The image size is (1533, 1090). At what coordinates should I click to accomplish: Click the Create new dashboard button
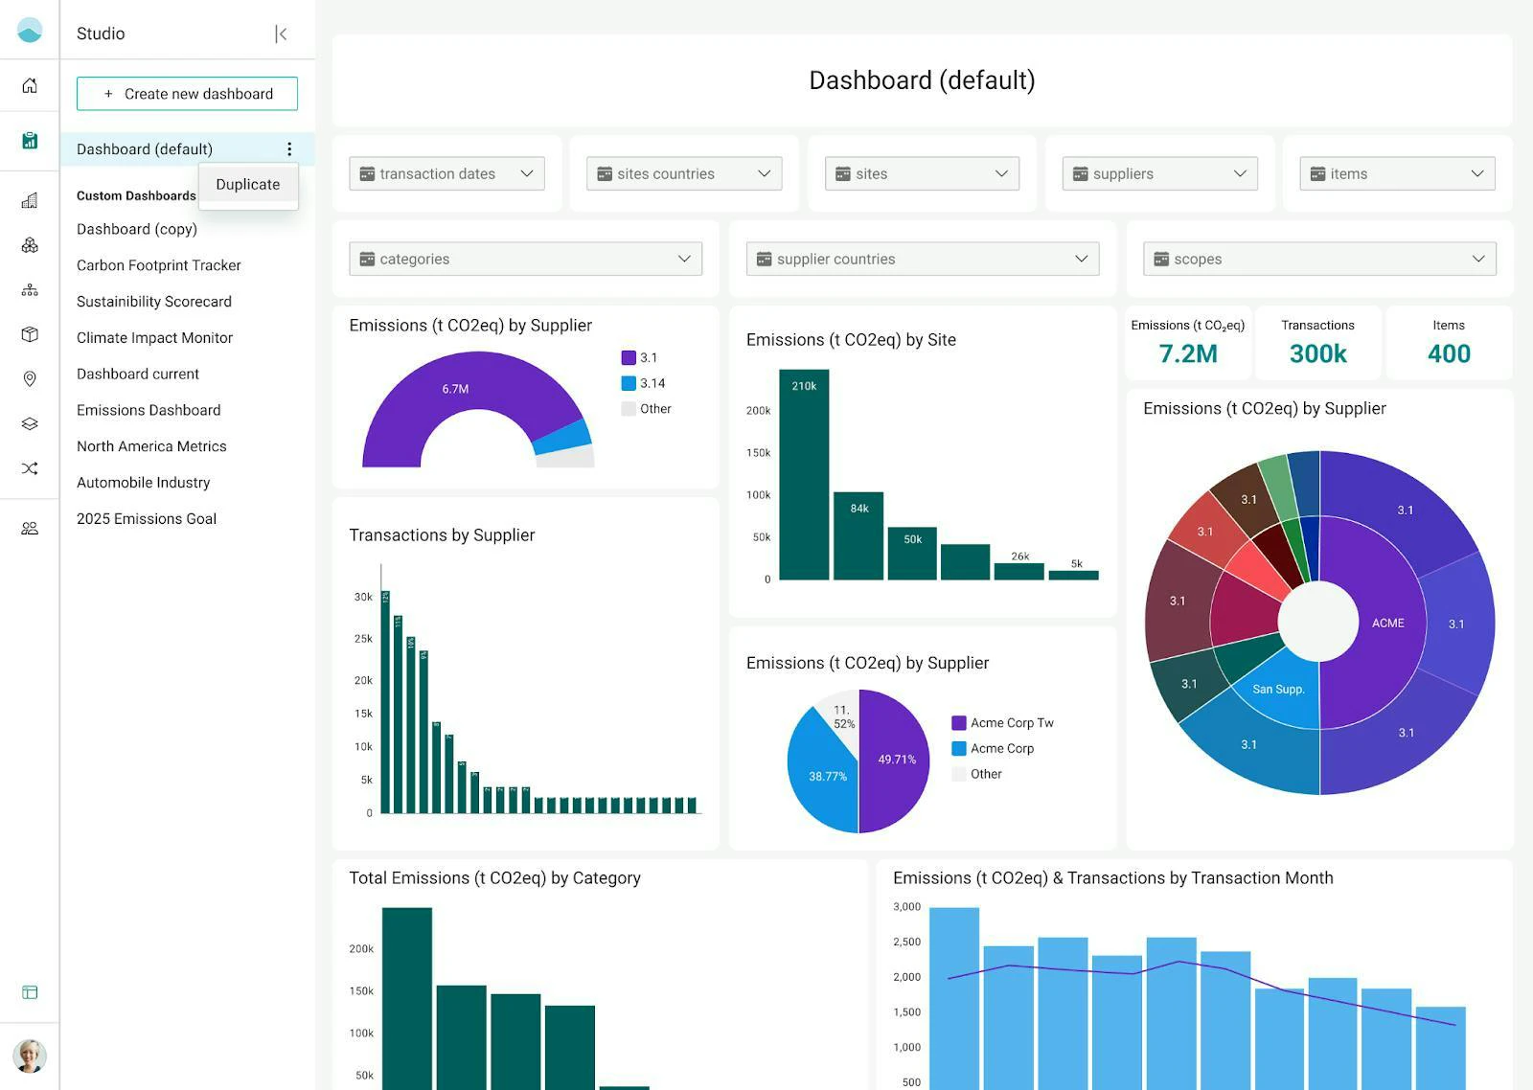[x=187, y=94]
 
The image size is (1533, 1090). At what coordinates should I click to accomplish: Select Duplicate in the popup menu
[x=248, y=185]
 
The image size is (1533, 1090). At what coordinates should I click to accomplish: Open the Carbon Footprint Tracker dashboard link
[x=159, y=265]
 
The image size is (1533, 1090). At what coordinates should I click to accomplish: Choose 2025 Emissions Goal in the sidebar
[x=147, y=519]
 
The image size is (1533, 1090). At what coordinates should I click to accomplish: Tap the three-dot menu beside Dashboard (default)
[x=289, y=149]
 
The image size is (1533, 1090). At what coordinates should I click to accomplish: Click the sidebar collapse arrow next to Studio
[x=281, y=34]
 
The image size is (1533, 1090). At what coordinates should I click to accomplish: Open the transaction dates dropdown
[x=446, y=173]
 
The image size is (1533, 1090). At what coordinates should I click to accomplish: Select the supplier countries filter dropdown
[x=922, y=259]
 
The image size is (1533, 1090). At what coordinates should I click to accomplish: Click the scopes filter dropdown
[x=1318, y=259]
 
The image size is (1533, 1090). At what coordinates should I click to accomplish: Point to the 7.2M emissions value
[x=1188, y=353]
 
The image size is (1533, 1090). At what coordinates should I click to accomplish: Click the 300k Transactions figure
[x=1317, y=353]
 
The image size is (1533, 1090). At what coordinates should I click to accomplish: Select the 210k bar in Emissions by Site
[x=804, y=474]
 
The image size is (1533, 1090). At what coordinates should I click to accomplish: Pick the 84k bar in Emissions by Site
[x=858, y=536]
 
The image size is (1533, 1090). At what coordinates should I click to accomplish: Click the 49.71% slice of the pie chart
[x=895, y=760]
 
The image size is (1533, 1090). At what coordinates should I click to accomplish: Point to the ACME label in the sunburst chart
[x=1387, y=624]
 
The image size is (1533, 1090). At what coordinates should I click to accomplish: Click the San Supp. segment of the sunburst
[x=1278, y=690]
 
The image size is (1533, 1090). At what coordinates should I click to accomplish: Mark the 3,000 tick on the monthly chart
[x=906, y=907]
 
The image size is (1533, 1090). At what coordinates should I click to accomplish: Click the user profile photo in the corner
[x=30, y=1056]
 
